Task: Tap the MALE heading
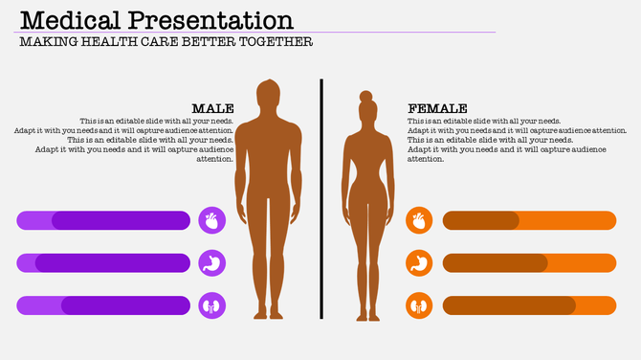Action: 212,109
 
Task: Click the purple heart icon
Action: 212,221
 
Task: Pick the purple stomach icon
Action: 212,263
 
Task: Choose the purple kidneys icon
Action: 212,305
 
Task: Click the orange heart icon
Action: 419,221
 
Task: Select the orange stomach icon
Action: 419,263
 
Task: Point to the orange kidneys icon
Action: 419,305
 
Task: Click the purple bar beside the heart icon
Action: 103,221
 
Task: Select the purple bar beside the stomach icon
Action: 103,263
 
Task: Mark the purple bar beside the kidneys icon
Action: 103,305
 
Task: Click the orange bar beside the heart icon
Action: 529,221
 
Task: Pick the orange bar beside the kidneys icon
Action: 529,305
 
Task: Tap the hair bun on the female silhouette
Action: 365,97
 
